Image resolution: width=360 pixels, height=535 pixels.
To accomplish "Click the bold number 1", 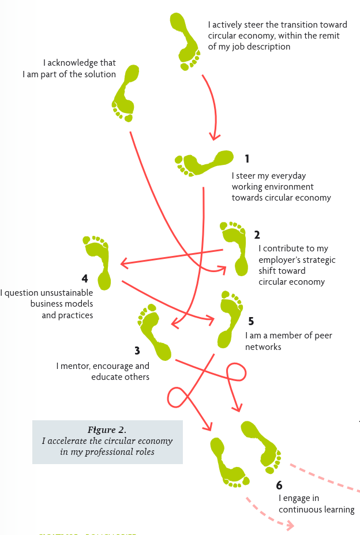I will pos(247,159).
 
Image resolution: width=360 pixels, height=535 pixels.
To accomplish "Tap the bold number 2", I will pos(257,235).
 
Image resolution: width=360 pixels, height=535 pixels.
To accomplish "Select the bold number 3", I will pos(137,351).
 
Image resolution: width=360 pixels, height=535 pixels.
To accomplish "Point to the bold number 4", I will pos(85,278).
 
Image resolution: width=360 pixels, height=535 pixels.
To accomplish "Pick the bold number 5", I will pos(250,321).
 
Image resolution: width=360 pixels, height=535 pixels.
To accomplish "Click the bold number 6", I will pos(279,485).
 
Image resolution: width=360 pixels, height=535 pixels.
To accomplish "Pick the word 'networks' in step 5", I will pos(263,347).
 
